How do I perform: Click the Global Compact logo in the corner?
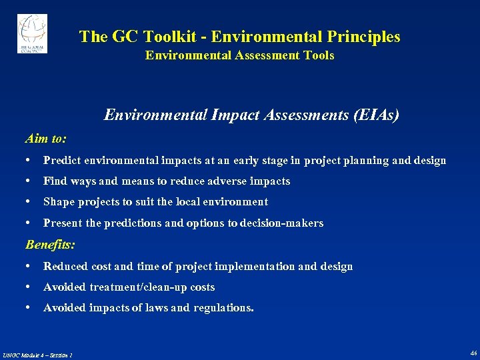(32, 34)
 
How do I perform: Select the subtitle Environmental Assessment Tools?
(239, 55)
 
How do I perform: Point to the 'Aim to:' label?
(45, 139)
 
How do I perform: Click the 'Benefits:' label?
(50, 245)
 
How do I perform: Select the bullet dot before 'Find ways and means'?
(29, 181)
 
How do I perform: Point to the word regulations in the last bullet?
(223, 308)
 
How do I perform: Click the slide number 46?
(473, 353)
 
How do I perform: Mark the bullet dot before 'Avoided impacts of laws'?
(29, 308)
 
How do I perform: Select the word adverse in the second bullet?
(227, 181)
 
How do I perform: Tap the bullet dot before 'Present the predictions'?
(29, 223)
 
